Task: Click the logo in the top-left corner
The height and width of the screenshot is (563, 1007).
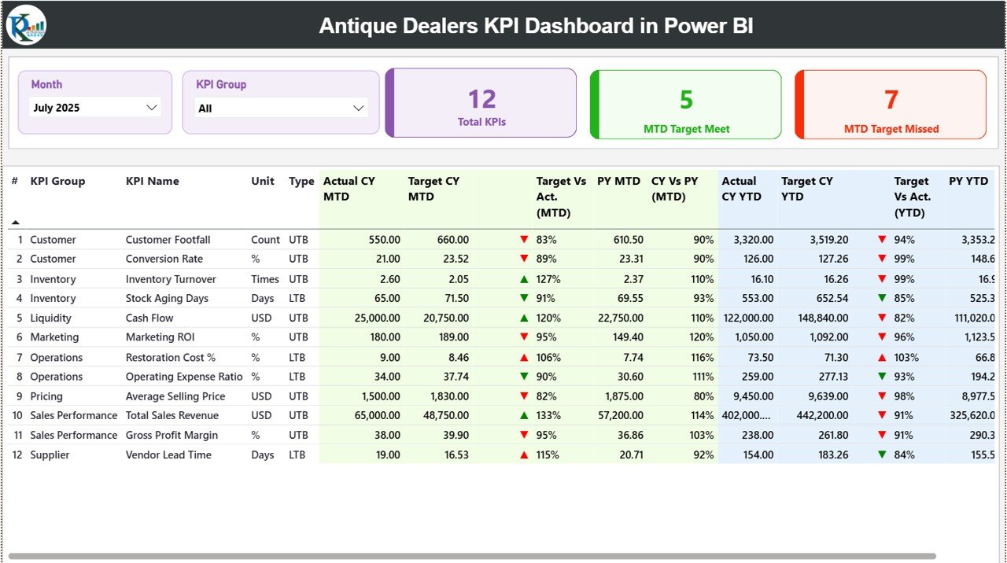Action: pyautogui.click(x=26, y=25)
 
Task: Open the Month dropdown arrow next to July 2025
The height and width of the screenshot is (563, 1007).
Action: pyautogui.click(x=152, y=108)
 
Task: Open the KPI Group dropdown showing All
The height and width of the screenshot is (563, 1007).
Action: pyautogui.click(x=358, y=109)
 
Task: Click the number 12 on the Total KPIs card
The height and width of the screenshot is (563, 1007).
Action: pyautogui.click(x=481, y=99)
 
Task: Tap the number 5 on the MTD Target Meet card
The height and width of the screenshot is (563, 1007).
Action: pyautogui.click(x=686, y=99)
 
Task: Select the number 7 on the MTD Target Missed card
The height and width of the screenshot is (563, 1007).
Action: pyautogui.click(x=891, y=99)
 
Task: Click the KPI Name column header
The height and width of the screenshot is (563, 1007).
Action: pyautogui.click(x=152, y=181)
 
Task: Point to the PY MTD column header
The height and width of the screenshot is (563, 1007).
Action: pyautogui.click(x=618, y=181)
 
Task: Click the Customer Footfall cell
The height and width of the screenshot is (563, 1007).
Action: pyautogui.click(x=168, y=240)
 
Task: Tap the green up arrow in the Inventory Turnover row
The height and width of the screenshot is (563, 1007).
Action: pyautogui.click(x=524, y=279)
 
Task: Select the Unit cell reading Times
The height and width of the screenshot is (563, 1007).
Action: pyautogui.click(x=265, y=279)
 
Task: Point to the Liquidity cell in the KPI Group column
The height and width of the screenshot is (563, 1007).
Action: pyautogui.click(x=50, y=318)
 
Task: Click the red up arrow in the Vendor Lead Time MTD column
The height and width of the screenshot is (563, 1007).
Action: pyautogui.click(x=524, y=454)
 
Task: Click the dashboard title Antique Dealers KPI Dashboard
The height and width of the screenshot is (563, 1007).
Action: pyautogui.click(x=536, y=26)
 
